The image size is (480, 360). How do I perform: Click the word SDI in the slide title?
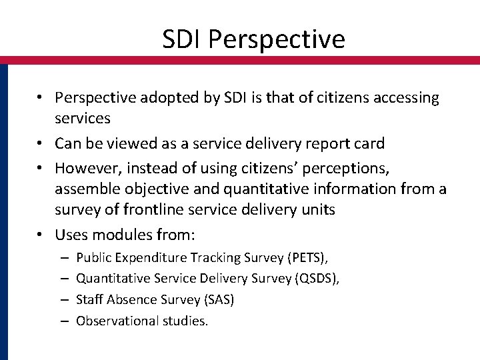tap(182, 39)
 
